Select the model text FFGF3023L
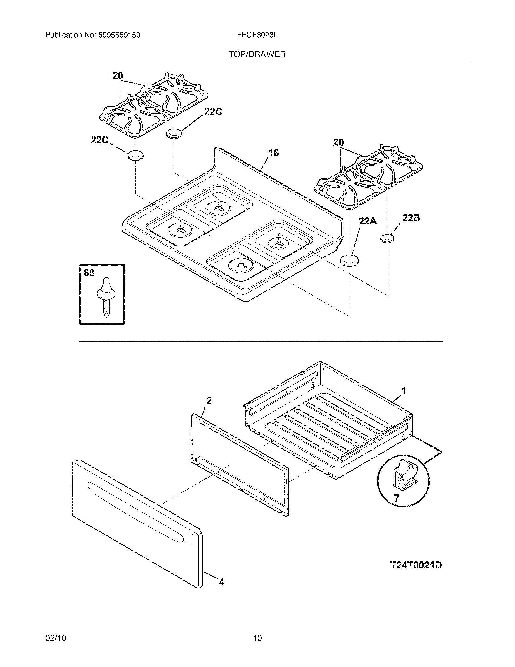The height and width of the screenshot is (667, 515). [x=257, y=35]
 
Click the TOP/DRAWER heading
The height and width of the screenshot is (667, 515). [x=257, y=54]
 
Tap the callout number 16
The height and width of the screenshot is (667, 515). [x=274, y=153]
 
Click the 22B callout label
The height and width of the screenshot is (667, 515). [x=411, y=218]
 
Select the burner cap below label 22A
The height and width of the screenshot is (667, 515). [x=349, y=260]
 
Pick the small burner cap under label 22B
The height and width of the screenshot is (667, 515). [x=387, y=238]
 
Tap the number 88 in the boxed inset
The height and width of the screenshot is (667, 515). [x=89, y=273]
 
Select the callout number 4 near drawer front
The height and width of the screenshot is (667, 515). [x=221, y=582]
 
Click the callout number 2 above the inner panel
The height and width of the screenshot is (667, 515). [x=209, y=401]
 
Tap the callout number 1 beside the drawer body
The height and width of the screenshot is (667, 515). [x=404, y=390]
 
